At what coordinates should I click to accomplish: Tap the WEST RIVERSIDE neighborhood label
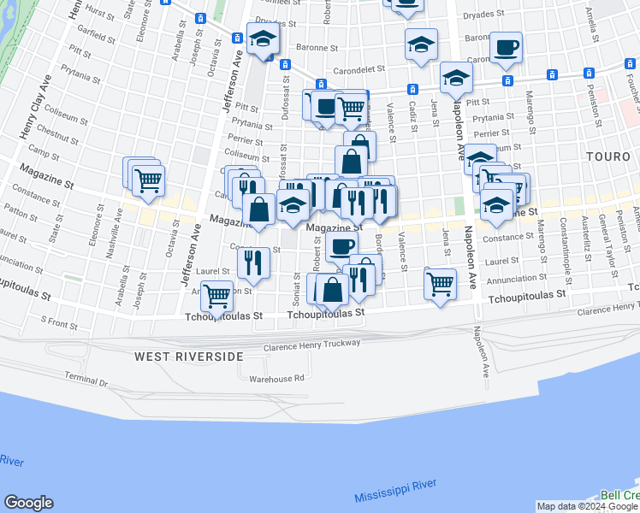189,355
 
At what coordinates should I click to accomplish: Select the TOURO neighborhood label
607,156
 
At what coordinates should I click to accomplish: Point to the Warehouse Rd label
276,378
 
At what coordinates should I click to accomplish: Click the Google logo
28,503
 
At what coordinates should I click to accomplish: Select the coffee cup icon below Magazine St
341,247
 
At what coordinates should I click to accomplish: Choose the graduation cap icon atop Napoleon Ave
456,78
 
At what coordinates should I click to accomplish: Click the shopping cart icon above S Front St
217,296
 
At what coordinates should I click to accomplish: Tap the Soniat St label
298,279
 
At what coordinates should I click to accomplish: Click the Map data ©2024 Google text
587,506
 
